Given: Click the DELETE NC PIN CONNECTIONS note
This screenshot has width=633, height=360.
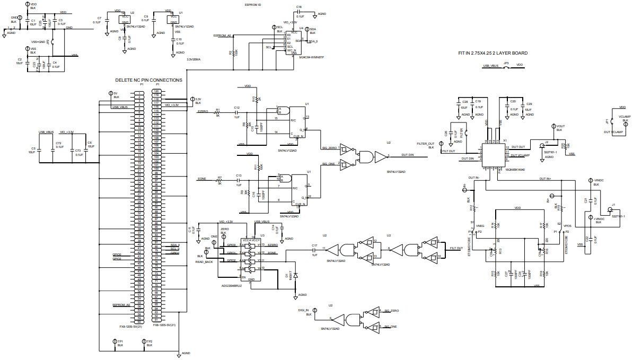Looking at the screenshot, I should [148, 80].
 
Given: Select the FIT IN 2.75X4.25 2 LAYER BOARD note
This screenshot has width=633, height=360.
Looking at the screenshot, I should [493, 53].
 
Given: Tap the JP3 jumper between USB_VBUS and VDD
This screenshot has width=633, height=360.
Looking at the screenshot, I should [506, 66].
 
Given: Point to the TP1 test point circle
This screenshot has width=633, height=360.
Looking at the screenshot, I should [115, 342].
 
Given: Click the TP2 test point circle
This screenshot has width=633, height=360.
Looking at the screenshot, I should [144, 342].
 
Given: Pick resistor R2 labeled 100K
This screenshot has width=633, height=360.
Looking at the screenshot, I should [234, 53].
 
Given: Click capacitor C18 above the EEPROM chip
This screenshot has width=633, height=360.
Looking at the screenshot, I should [300, 14].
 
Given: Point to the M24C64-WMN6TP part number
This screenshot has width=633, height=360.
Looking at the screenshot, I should [311, 57].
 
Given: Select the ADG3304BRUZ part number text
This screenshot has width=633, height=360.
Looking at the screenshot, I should [232, 285].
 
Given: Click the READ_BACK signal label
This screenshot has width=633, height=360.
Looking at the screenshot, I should [204, 262].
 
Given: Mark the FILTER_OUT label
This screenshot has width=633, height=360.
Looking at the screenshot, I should [425, 144].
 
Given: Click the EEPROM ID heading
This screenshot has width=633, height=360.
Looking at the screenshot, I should [253, 5].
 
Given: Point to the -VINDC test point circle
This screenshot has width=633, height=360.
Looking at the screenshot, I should [590, 180].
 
